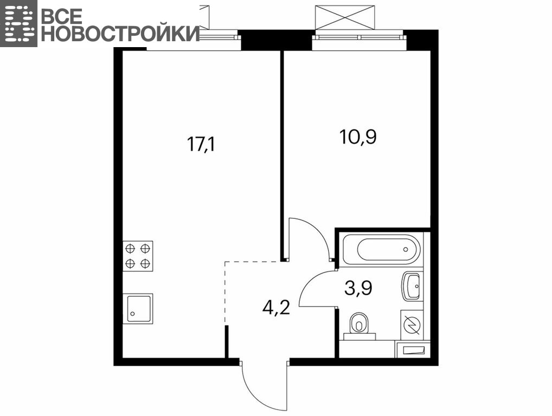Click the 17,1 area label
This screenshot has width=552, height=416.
pyautogui.click(x=201, y=144)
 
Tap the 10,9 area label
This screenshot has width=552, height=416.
pyautogui.click(x=358, y=137)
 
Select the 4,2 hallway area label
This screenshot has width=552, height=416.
pyautogui.click(x=276, y=308)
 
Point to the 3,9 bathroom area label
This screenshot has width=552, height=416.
pyautogui.click(x=358, y=288)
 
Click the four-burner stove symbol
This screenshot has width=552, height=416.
pyautogui.click(x=138, y=256)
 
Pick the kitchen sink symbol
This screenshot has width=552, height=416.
pyautogui.click(x=138, y=309)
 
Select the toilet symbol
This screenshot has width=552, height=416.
pyautogui.click(x=360, y=326)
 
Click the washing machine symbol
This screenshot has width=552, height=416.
pyautogui.click(x=412, y=325)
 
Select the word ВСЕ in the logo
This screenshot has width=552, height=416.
pyautogui.click(x=62, y=16)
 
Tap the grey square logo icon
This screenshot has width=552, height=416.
pyautogui.click(x=18, y=23)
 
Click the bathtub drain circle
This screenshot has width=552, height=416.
pyautogui.click(x=406, y=249)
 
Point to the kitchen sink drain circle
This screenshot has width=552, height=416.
pyautogui.click(x=132, y=314)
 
